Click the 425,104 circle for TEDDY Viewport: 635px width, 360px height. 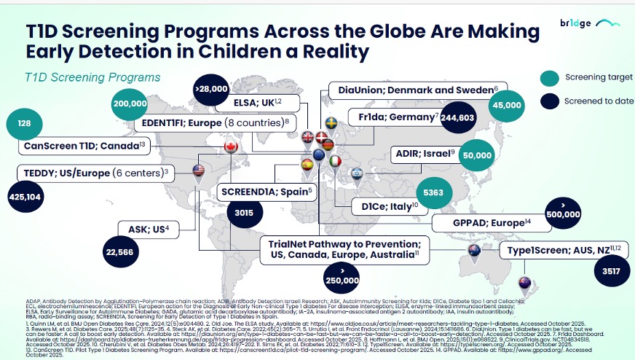point(25,196)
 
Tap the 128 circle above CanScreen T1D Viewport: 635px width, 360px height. point(24,124)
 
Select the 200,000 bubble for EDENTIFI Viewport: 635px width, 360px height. point(130,103)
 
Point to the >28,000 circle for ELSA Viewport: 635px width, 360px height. point(211,89)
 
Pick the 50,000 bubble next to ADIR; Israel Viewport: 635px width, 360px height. point(477,155)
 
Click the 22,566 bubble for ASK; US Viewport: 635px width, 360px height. point(120,252)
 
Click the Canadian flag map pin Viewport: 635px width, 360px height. point(231,148)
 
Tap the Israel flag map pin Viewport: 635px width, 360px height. point(356,174)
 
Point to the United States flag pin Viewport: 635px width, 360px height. point(199,171)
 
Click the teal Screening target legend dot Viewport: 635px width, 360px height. point(551,78)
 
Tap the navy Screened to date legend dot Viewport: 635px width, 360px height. point(551,101)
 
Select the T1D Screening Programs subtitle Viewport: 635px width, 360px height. point(92,77)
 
